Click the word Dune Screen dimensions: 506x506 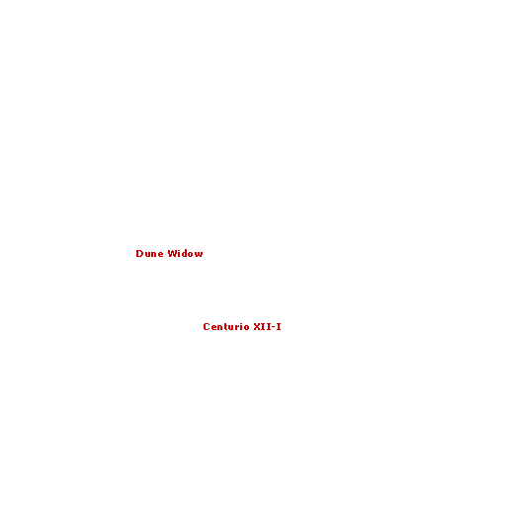click(149, 253)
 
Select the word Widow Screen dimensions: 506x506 click(185, 253)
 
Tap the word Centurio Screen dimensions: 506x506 click(226, 326)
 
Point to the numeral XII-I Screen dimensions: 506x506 click(267, 326)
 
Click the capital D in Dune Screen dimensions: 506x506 click(139, 253)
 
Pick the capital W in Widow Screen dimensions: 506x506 click(172, 253)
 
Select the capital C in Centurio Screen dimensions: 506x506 click(207, 326)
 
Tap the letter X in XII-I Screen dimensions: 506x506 click(257, 326)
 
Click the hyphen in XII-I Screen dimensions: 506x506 click(274, 327)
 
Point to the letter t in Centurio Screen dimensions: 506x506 click(227, 326)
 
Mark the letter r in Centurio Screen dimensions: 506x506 click(238, 327)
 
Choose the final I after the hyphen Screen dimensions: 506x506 click(279, 326)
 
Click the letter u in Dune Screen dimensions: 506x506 click(148, 254)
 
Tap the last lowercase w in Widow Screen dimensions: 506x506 click(199, 254)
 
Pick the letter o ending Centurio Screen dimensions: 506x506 click(247, 327)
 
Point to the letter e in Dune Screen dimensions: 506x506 click(160, 254)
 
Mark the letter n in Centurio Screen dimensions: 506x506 click(220, 327)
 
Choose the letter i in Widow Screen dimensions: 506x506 click(179, 253)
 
